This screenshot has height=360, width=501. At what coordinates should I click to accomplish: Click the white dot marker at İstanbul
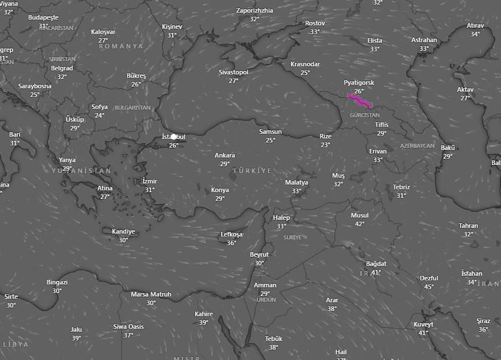pos(174,137)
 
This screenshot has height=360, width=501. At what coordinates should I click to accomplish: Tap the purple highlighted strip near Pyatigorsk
pos(359,100)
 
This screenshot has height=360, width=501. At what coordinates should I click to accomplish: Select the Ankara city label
pos(225,156)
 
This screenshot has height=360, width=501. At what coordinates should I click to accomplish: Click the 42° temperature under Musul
pos(360,224)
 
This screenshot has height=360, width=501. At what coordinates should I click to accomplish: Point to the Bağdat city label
pos(376,264)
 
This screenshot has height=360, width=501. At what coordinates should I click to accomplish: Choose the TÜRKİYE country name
pos(251,171)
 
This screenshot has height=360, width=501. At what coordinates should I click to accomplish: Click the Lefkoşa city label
pos(231,235)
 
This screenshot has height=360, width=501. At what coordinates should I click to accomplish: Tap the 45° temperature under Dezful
pos(429,287)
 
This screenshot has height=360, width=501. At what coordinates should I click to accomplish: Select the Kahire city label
pos(204,314)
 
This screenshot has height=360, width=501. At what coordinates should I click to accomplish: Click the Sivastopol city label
pos(233,72)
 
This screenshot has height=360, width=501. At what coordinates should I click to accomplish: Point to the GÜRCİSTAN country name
pos(365,115)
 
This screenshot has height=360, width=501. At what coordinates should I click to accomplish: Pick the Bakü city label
pos(448,148)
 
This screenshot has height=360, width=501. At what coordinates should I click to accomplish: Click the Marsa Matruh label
pos(151,294)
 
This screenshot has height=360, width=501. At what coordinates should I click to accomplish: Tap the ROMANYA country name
pos(121,46)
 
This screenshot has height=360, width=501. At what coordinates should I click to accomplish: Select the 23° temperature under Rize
pos(326,145)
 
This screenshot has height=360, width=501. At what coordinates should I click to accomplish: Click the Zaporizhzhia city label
pos(255,10)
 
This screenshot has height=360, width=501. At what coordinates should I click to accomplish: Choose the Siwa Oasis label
pos(128,327)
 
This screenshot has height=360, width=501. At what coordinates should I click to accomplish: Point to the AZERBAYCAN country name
pos(417,146)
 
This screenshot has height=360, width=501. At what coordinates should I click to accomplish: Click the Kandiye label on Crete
pos(124,232)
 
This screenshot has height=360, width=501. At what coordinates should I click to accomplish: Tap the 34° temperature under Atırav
pos(475,34)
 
